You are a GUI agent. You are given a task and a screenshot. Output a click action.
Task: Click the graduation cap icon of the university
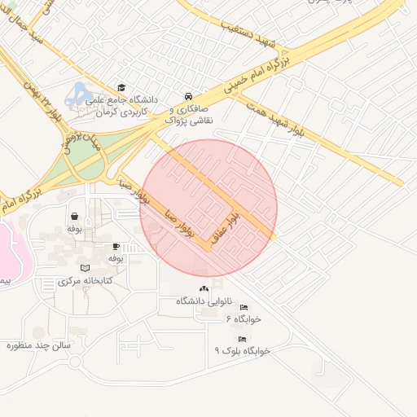click(x=121, y=88)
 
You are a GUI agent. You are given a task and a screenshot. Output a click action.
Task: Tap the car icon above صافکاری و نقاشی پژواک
click(x=189, y=94)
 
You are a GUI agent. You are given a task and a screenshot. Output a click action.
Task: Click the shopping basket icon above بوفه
click(x=75, y=217)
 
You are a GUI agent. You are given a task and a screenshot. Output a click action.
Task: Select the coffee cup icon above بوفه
click(x=116, y=246)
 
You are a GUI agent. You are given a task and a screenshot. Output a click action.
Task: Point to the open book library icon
click(x=86, y=268)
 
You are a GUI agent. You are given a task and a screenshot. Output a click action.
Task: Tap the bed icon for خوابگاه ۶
click(x=244, y=307)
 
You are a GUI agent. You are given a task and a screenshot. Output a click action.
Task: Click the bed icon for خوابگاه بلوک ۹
click(x=242, y=338)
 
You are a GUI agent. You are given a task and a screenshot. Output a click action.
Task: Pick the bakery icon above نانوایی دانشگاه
click(x=204, y=289)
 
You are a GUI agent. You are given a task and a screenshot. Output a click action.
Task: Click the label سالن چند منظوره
click(x=39, y=345)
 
